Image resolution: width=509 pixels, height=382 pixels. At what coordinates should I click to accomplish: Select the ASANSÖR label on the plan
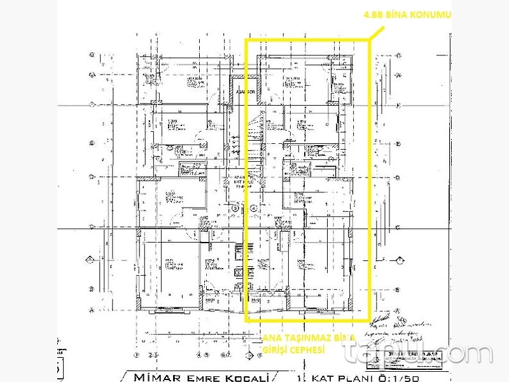246,92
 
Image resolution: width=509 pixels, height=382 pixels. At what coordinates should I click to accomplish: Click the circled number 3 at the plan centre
235,208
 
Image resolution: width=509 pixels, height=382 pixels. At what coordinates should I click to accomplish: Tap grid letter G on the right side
398,75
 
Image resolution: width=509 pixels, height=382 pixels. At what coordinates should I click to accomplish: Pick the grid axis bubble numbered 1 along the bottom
137,354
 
